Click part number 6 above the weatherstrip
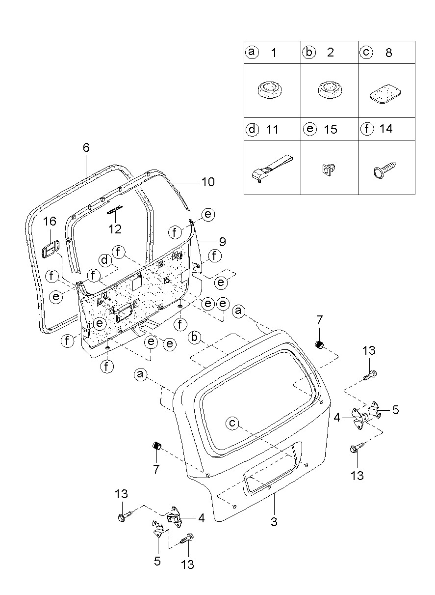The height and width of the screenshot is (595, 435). click(x=86, y=147)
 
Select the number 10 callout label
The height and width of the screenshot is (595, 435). click(x=208, y=182)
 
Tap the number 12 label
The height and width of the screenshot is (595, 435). click(x=115, y=229)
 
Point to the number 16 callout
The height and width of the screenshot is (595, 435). click(x=50, y=221)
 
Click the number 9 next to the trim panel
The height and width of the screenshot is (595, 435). click(x=222, y=242)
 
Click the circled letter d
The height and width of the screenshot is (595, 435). click(x=105, y=260)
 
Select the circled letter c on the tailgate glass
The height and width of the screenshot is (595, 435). click(x=232, y=423)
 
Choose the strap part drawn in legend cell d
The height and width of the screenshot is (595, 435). click(x=272, y=169)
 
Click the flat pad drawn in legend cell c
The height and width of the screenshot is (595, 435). click(x=385, y=94)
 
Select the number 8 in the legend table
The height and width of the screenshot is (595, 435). click(x=388, y=53)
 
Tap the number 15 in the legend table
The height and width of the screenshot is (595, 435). click(x=331, y=130)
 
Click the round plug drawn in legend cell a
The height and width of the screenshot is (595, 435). click(x=270, y=90)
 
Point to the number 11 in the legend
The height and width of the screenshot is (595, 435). click(x=272, y=130)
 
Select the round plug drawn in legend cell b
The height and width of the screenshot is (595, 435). click(x=330, y=90)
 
